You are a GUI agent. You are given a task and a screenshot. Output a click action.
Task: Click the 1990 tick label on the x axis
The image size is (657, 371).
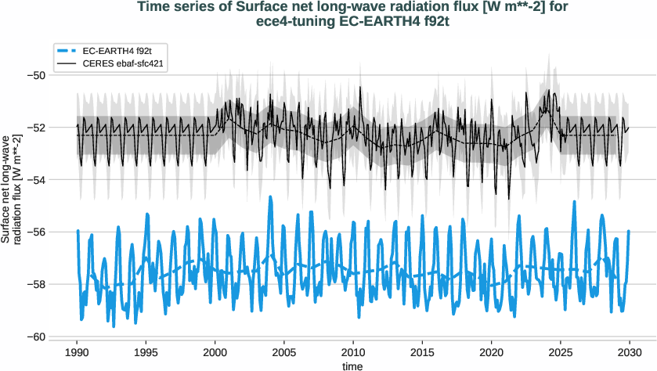tap(77, 351)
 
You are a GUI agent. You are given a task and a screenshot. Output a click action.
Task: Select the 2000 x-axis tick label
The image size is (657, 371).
tap(215, 351)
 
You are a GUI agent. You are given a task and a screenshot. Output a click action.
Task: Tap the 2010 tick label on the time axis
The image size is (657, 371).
tap(353, 351)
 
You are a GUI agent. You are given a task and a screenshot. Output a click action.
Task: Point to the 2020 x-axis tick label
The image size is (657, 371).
tap(492, 351)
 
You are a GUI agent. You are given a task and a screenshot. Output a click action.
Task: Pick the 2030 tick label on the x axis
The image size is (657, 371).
tap(630, 351)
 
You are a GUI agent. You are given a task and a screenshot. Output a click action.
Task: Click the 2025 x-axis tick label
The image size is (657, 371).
tap(561, 351)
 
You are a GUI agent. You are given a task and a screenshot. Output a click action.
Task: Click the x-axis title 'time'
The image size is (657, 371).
tap(353, 365)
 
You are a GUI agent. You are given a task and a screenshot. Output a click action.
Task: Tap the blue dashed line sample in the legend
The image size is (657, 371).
tap(69, 49)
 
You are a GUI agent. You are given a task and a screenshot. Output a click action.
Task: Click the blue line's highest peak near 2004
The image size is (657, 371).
tap(270, 197)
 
